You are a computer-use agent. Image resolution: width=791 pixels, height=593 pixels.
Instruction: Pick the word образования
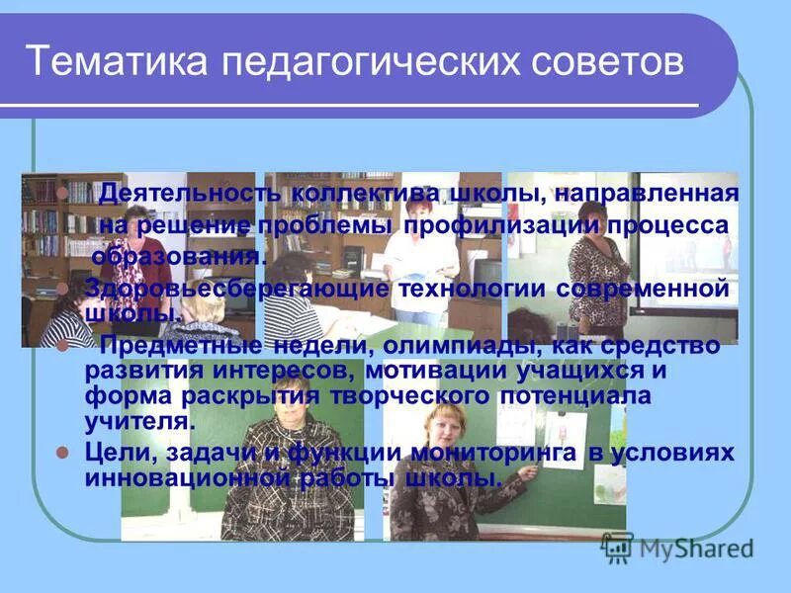pos(179,257)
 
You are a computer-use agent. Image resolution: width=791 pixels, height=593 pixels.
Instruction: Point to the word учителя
pos(135,421)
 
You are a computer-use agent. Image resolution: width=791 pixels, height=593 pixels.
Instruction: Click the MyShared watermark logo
pos(677,547)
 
